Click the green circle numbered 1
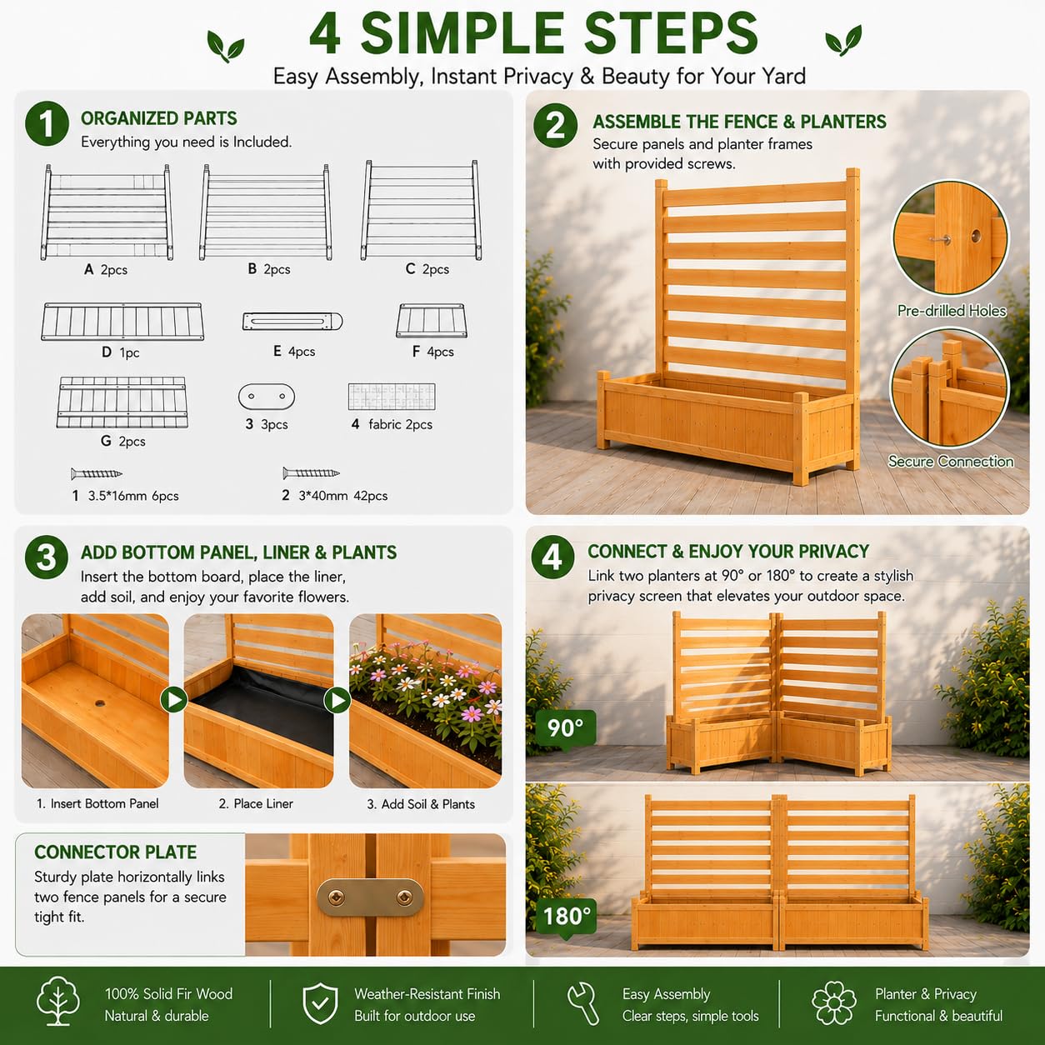(47, 123)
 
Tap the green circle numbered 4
(552, 557)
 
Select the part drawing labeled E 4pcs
(292, 322)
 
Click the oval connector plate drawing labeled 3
(267, 397)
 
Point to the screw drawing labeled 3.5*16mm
(97, 473)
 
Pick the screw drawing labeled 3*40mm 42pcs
(311, 472)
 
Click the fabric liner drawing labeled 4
(392, 397)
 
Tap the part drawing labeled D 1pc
(122, 322)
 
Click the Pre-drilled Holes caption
(951, 311)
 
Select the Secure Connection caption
(951, 462)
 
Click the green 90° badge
(565, 728)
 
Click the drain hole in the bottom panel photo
(101, 702)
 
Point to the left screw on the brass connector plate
(336, 898)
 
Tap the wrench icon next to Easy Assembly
(583, 1004)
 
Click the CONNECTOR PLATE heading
(116, 852)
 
